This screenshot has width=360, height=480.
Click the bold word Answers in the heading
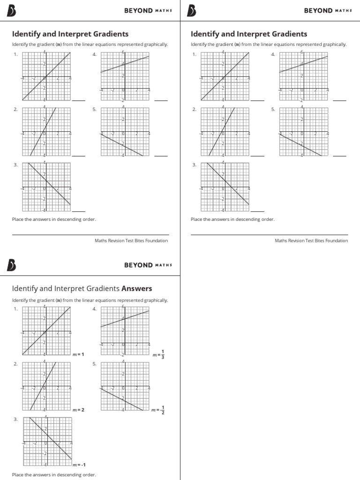136,289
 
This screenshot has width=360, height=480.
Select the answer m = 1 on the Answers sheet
78,355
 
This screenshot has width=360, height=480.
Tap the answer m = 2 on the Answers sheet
78,410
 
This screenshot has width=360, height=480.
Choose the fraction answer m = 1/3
158,355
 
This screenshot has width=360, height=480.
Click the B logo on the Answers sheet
12,265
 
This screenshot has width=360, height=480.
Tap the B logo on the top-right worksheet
192,11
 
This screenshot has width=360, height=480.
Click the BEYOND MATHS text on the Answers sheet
148,265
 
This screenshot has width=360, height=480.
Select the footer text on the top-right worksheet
311,241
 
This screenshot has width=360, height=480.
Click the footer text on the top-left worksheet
131,241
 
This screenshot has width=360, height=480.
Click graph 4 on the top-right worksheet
303,76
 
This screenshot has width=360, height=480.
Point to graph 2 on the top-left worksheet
46,131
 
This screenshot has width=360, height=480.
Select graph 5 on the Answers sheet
125,386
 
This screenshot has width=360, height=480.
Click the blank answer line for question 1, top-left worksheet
79,100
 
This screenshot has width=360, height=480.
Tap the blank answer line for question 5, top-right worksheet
340,155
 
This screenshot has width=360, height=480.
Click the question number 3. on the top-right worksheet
195,165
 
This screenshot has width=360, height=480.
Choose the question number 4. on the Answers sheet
95,309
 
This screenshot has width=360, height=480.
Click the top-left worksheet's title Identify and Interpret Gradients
70,34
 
